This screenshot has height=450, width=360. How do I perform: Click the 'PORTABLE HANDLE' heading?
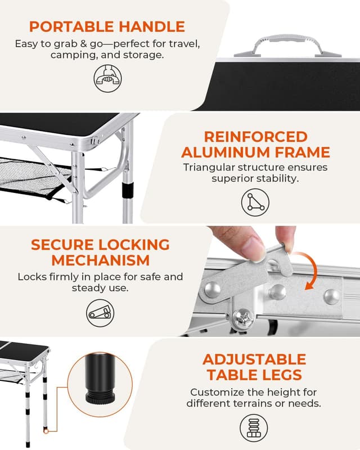[106, 26]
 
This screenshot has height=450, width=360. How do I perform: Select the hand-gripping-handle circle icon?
[106, 78]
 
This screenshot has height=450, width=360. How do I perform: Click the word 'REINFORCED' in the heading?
[247, 137]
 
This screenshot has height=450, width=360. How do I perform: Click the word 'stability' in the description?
[276, 178]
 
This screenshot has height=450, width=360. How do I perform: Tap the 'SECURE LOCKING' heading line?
[100, 245]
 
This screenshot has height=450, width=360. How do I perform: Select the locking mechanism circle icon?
[100, 311]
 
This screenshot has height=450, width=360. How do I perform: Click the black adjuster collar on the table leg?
[129, 187]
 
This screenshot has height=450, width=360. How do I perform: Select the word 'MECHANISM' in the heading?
[100, 260]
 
